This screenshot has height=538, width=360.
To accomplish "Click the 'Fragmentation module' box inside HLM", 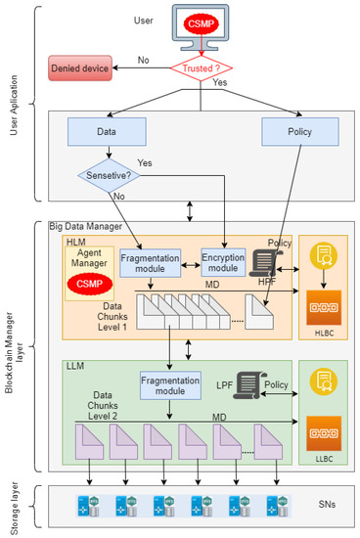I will point(153,263).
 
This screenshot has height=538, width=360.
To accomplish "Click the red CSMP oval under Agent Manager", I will point(89,285).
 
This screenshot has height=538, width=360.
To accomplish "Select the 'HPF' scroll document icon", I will point(261,260).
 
